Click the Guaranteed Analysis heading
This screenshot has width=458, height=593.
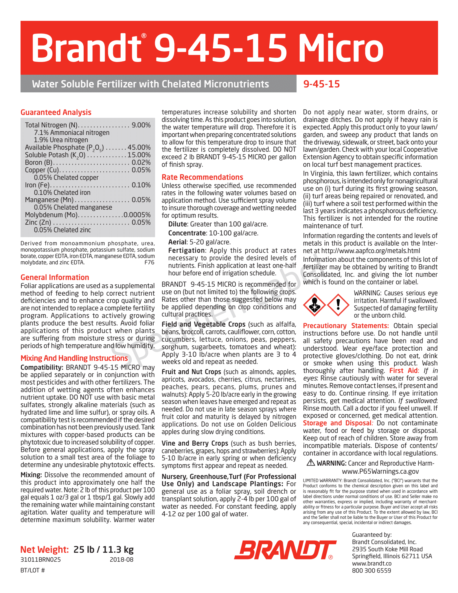pos(56,112)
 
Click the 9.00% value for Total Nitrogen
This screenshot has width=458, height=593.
pos(141,125)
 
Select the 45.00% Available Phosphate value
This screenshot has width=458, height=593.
pos(139,147)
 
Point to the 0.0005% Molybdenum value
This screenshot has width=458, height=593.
pos(137,215)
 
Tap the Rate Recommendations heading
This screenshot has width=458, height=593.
pos(202,177)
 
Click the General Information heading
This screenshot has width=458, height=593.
pos(55,277)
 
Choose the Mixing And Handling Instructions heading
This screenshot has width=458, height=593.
pos(74,358)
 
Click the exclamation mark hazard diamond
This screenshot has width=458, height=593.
pos(338,305)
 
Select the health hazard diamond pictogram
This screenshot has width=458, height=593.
pos(314,305)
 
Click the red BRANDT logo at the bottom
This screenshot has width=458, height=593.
pos(285,550)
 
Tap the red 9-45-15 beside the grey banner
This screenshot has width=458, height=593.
pos(321,84)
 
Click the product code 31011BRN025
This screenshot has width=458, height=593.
pos(41,560)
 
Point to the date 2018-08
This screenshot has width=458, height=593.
pos(122,560)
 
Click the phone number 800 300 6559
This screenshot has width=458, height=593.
pos(371,571)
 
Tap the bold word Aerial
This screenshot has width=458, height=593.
pos(177,242)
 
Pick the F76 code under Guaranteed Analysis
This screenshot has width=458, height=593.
pos(149,262)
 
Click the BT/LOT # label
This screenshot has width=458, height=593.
pos(33,570)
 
